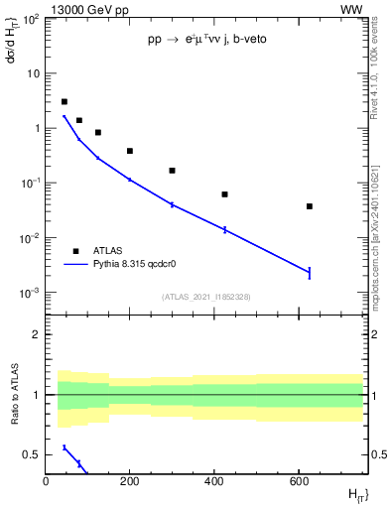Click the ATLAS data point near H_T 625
(310, 206)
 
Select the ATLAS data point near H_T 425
(225, 194)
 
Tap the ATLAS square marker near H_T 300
(172, 171)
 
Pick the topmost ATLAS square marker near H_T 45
(65, 101)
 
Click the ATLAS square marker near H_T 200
(130, 151)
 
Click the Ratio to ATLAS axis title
(15, 394)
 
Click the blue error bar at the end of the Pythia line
(310, 272)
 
